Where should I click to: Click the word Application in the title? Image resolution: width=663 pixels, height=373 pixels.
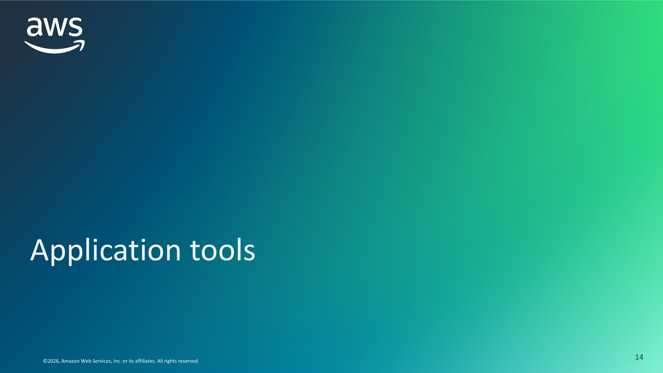coord(106,251)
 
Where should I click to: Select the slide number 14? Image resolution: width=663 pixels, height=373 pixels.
coord(639,357)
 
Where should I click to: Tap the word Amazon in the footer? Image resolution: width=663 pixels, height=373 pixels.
coord(70,361)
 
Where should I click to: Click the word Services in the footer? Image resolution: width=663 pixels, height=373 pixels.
coord(102,361)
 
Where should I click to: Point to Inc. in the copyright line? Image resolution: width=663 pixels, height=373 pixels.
coord(117,361)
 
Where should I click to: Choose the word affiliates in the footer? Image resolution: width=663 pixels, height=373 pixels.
coord(145,361)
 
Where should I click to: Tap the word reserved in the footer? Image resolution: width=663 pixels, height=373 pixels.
coord(188,361)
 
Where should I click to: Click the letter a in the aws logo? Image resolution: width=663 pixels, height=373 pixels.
coord(35,27)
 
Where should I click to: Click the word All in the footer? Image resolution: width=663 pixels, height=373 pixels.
coord(160,361)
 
